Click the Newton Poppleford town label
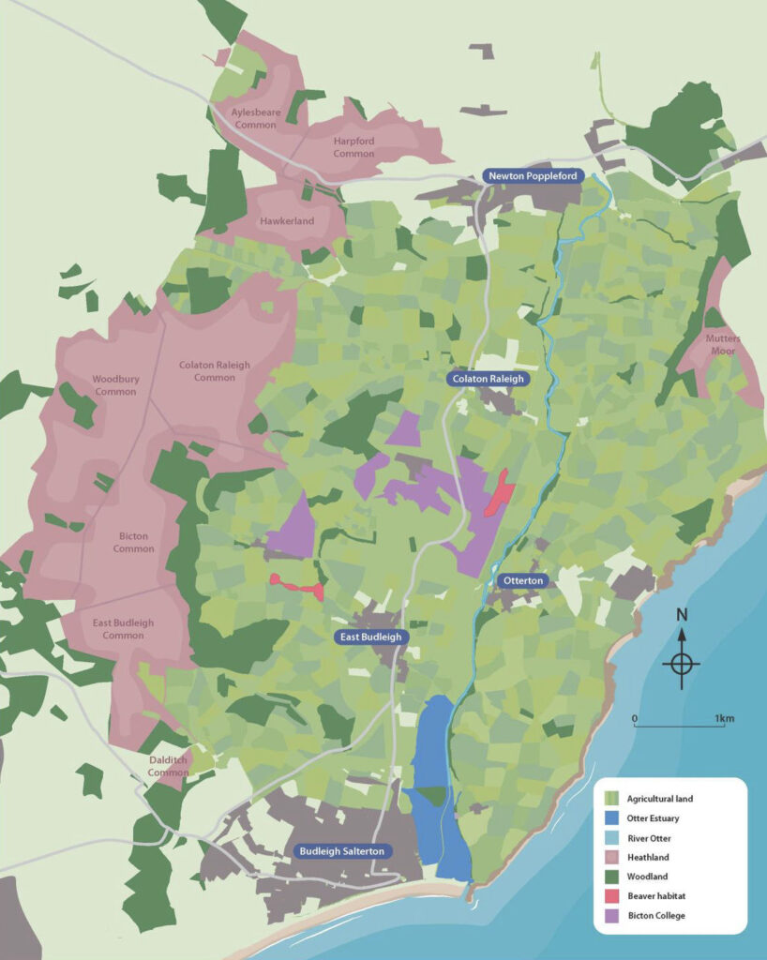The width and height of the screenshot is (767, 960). tap(534, 175)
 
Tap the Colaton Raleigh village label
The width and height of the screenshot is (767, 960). tap(488, 379)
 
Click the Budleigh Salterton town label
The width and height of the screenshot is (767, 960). tap(342, 851)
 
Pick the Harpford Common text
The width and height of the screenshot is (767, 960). tap(353, 147)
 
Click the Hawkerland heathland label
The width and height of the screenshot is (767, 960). tap(287, 221)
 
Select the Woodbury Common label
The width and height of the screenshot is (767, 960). tap(114, 385)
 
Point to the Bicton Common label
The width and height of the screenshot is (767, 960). tap(134, 543)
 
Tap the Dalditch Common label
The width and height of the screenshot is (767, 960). tap(169, 766)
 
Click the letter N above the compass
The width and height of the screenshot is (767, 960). tap(682, 616)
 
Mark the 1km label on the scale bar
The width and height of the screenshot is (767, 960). tap(725, 719)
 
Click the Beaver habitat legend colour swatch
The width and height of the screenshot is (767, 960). tap(611, 895)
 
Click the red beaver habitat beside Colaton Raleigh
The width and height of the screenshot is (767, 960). tap(498, 493)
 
